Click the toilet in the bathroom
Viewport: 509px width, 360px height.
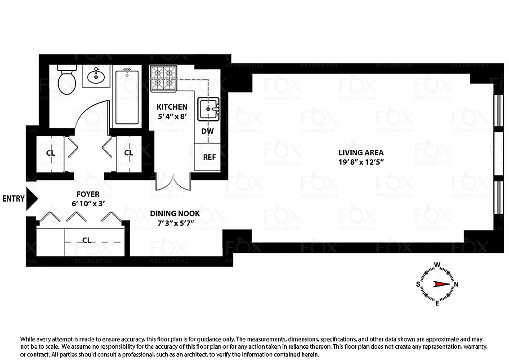(x=67, y=81)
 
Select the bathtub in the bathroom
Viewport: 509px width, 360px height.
(x=127, y=97)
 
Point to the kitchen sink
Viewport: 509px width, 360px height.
(x=208, y=108)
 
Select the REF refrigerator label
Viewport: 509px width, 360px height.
(x=210, y=157)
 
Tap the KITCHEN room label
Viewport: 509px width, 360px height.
(x=172, y=107)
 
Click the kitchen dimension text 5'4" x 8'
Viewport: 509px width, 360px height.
(x=172, y=117)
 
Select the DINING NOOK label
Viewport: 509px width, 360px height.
(x=175, y=214)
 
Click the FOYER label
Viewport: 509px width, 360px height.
(x=88, y=194)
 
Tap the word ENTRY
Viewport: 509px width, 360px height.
(x=13, y=199)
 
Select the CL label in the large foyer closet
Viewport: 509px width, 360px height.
(x=87, y=240)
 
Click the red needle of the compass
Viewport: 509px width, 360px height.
(x=440, y=284)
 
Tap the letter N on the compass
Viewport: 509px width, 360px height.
(x=456, y=284)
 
